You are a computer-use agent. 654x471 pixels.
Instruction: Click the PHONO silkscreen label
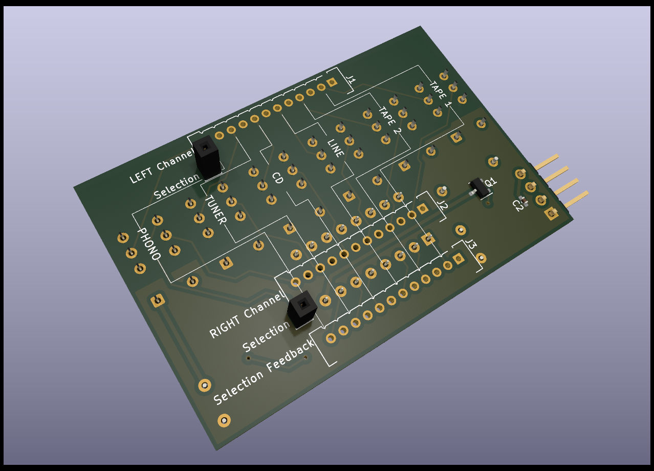(149, 244)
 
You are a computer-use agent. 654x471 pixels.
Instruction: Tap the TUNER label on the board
(216, 210)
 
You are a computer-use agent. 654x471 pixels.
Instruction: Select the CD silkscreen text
(277, 178)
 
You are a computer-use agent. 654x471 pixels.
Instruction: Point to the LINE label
(336, 148)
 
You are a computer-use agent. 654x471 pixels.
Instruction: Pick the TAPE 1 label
(441, 94)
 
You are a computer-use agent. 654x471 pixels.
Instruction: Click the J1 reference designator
(351, 79)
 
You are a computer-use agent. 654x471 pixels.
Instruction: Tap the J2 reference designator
(442, 205)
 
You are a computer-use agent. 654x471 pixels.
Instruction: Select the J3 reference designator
(471, 244)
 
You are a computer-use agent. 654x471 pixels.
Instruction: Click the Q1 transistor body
(479, 187)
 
